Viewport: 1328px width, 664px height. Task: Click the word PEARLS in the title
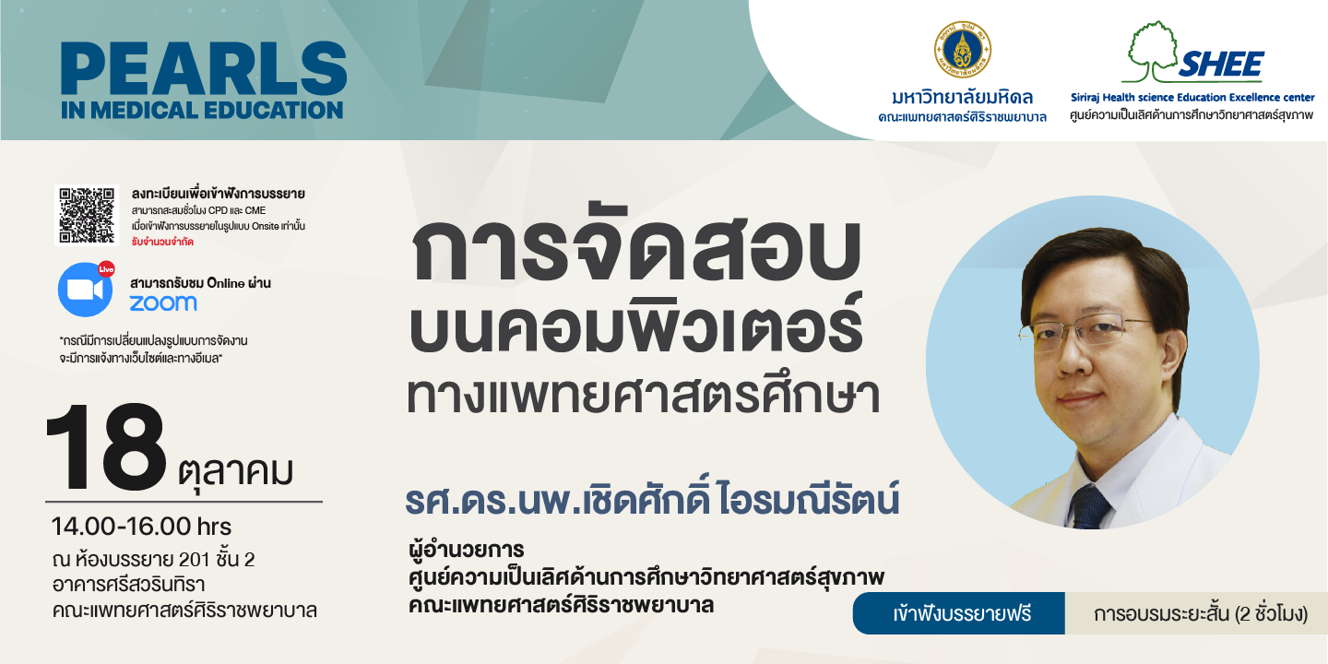203,68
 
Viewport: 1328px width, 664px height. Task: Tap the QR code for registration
87,215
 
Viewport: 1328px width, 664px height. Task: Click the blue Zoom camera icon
85,290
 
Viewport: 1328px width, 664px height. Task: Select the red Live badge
106,269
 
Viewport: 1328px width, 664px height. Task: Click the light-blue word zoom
163,302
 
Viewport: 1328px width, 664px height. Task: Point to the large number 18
106,447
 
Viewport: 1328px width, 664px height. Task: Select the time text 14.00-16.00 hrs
141,527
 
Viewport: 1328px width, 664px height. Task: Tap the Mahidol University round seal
962,49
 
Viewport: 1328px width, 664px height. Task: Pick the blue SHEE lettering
1221,64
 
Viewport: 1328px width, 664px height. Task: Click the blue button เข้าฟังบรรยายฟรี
959,613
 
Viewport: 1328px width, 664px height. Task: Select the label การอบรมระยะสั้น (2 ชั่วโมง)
1200,613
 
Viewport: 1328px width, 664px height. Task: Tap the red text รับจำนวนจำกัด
162,242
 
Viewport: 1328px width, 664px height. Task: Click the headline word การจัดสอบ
635,249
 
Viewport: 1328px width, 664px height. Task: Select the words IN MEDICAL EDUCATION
202,111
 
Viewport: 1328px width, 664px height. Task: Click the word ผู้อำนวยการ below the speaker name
466,550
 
